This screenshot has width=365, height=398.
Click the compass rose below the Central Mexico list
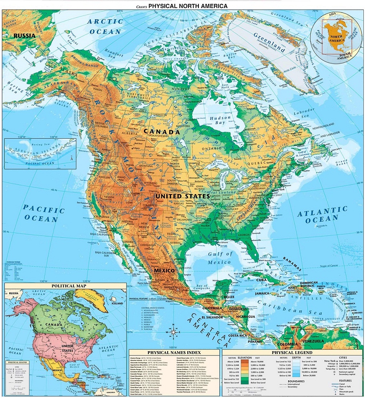[x=174, y=331]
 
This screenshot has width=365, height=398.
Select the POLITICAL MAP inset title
[x=67, y=286]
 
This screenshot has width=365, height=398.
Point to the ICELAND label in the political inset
[x=117, y=303]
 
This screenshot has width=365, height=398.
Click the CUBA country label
[x=261, y=280]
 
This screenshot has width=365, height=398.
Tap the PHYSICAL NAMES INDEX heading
[x=174, y=353]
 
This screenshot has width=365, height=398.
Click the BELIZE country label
[x=229, y=297]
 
